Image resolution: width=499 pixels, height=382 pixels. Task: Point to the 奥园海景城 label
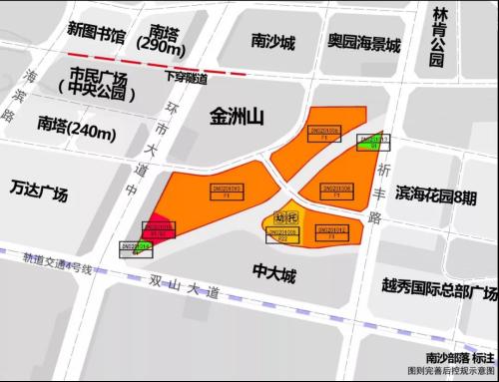[364, 45]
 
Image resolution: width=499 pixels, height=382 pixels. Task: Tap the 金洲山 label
[235, 118]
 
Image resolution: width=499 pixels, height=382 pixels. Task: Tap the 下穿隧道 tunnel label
[187, 78]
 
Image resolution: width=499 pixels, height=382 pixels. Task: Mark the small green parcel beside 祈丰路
[373, 143]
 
